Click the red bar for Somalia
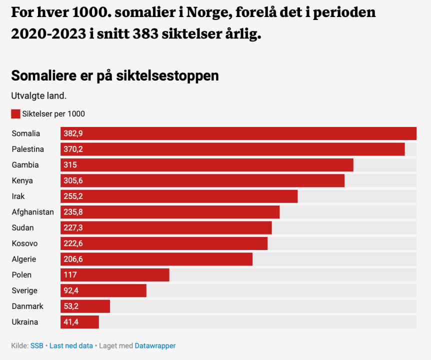[238, 133]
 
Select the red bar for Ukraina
[80, 322]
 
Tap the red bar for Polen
[115, 275]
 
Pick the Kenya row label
[22, 180]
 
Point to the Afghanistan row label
[32, 212]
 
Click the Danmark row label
[27, 306]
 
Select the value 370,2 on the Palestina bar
[73, 149]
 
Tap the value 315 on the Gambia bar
[70, 165]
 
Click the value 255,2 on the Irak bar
[73, 196]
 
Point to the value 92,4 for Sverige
[71, 290]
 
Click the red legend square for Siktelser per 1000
[15, 113]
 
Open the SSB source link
[36, 345]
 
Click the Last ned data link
[71, 345]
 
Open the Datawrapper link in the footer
[155, 345]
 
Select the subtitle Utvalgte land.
[39, 95]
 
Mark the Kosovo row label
[24, 243]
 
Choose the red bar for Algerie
[156, 259]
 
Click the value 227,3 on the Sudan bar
[73, 227]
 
